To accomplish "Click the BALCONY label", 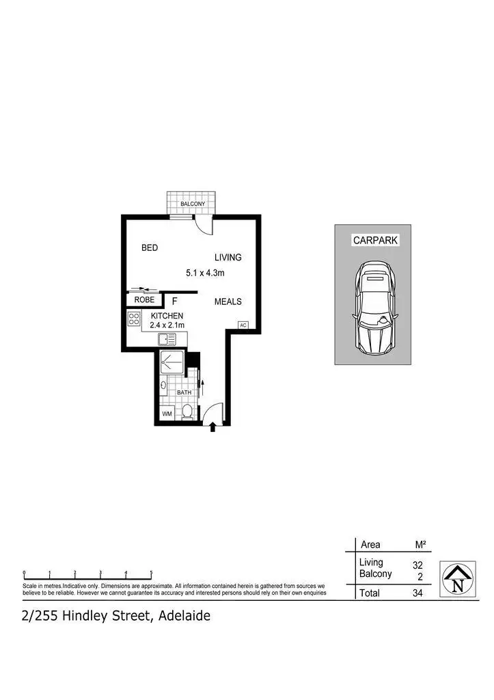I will pos(193,204).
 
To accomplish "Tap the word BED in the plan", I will pos(150,248).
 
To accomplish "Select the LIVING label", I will pos(228,258).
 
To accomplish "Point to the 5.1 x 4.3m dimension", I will pos(206,273).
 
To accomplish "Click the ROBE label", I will pos(143,300).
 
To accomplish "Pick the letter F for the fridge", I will pos(174,301).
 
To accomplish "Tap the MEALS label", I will pos(228,301).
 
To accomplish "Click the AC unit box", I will pos(243,325).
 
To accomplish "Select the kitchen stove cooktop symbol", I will pos(134,319).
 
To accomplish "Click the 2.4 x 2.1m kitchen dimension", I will pos(167,325).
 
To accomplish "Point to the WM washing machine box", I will pos(167,414).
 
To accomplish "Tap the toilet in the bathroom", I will pos(187,412).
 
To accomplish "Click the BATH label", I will pos(184,393).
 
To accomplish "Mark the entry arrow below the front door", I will pos(212,427).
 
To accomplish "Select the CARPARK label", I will pos(375,241).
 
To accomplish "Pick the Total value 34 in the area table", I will pos(417,593).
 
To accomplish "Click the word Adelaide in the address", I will pos(184,616).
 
